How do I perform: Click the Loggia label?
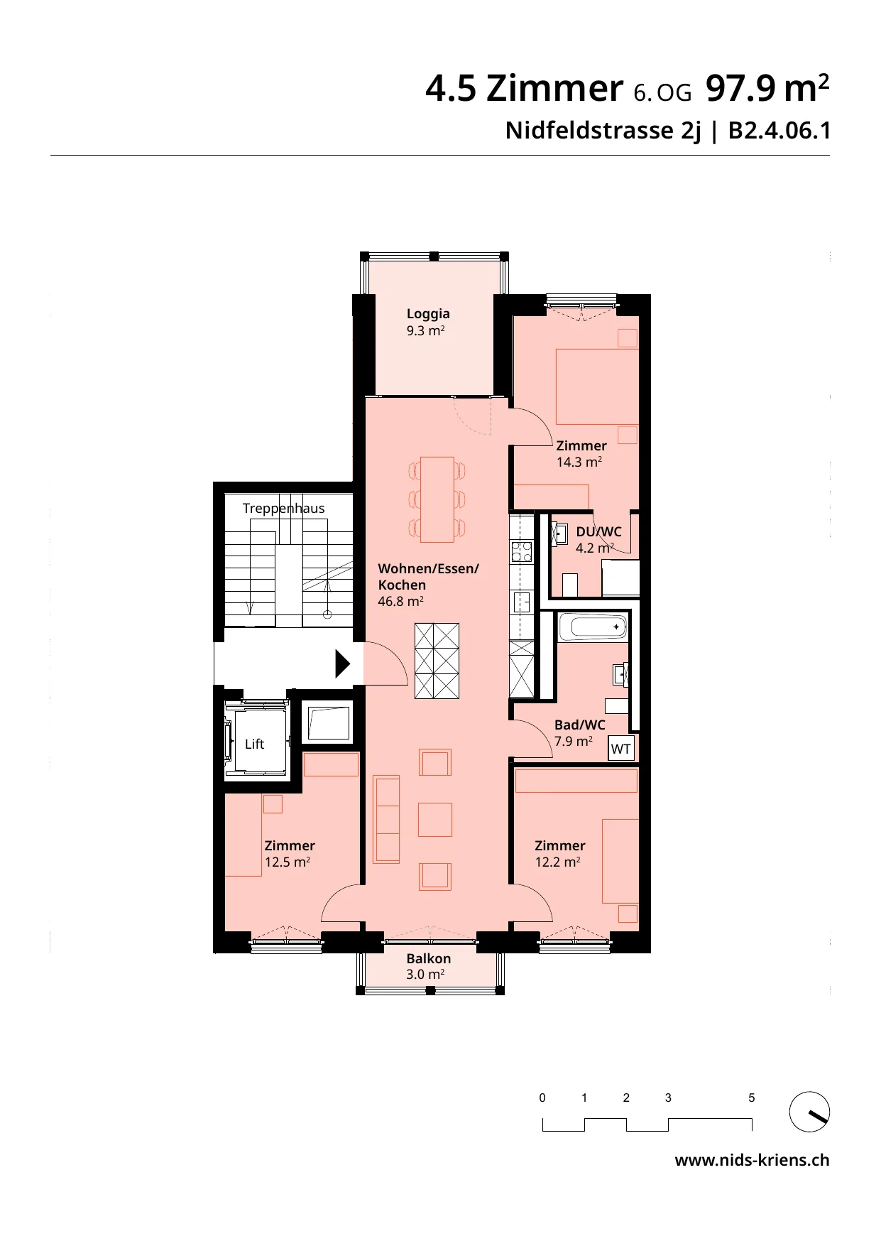[x=428, y=313]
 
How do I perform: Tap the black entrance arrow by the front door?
[x=343, y=664]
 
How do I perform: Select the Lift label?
[x=254, y=744]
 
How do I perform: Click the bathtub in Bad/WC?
[x=593, y=627]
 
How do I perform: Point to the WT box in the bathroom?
[x=621, y=749]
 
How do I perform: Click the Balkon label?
[x=428, y=958]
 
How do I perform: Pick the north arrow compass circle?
[x=810, y=1112]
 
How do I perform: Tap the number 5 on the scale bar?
[x=752, y=1098]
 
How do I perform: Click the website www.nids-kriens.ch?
[x=752, y=1160]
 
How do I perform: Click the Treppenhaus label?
[x=283, y=509]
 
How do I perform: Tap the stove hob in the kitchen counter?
[x=522, y=552]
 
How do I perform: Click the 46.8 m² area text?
[x=401, y=601]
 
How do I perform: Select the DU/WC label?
[x=598, y=532]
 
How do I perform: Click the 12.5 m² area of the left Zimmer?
[x=288, y=862]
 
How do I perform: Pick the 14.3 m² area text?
[x=579, y=462]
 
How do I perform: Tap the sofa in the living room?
[x=386, y=818]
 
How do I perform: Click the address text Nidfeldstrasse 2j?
[x=602, y=131]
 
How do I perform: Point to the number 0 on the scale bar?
[x=542, y=1098]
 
